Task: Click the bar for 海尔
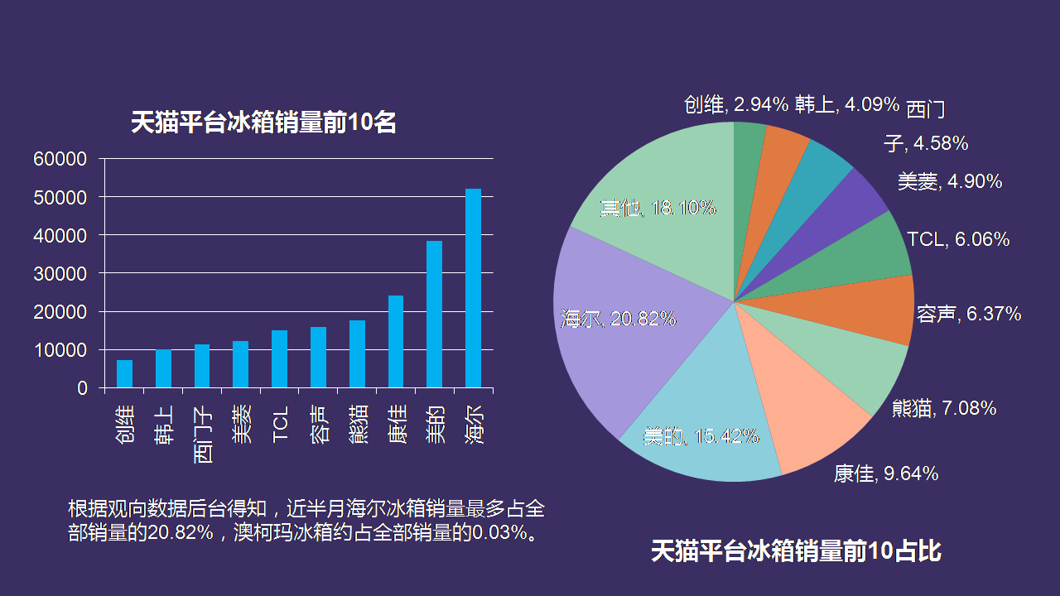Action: click(x=473, y=288)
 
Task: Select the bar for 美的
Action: click(x=434, y=315)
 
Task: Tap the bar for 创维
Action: click(x=124, y=374)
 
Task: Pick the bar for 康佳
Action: click(x=396, y=342)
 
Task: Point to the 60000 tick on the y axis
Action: click(x=60, y=159)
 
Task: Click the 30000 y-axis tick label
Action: click(x=60, y=274)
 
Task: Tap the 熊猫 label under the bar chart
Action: click(x=358, y=424)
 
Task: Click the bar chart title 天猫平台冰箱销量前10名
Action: click(x=263, y=123)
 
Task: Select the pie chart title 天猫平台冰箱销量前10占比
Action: click(x=795, y=550)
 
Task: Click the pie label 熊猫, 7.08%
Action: click(x=943, y=408)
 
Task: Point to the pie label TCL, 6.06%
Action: click(x=958, y=240)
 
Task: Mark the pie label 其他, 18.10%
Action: click(x=658, y=208)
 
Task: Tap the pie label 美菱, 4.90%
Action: click(x=949, y=182)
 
